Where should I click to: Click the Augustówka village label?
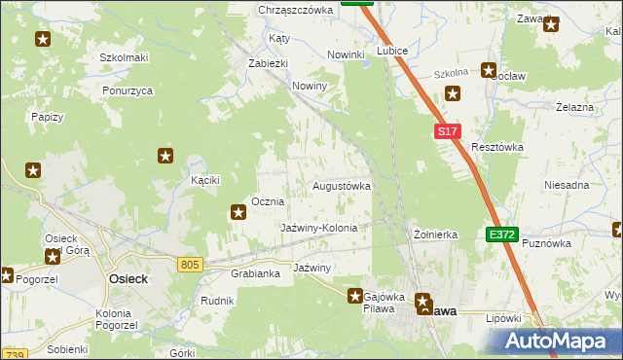pos(342,185)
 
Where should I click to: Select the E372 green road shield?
pos(502,234)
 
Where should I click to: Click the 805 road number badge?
pos(191,264)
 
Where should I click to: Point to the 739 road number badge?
pos(13,354)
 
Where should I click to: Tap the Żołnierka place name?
pos(435,234)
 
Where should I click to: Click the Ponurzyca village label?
pos(128,90)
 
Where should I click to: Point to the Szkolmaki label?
pos(124,57)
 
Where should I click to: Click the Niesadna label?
pos(568,185)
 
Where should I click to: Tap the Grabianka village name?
pos(256,273)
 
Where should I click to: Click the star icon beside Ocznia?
pos(238,211)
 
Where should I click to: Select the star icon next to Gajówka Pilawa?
pos(356,295)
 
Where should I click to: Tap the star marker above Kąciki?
pos(165,156)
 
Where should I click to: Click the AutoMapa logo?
pos(558,340)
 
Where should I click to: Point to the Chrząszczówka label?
pos(296,10)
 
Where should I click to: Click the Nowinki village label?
pos(346,54)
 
